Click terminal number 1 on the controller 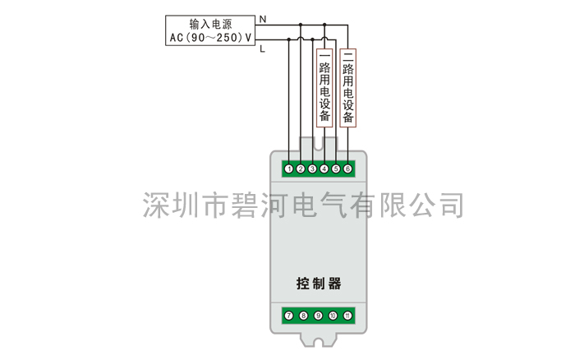289,168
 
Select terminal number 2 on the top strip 301,168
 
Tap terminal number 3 312,168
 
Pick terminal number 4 324,168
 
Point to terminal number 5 336,168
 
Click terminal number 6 347,168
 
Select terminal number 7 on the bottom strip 289,316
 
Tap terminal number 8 304,316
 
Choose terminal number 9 319,316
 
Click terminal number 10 333,316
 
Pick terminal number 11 347,316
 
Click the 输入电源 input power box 210,30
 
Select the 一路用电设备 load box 324,88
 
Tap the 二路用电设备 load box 348,88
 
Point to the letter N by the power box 263,19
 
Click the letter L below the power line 262,48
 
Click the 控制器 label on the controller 319,284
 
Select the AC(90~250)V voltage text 210,38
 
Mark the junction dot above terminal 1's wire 289,39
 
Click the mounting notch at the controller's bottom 319,343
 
